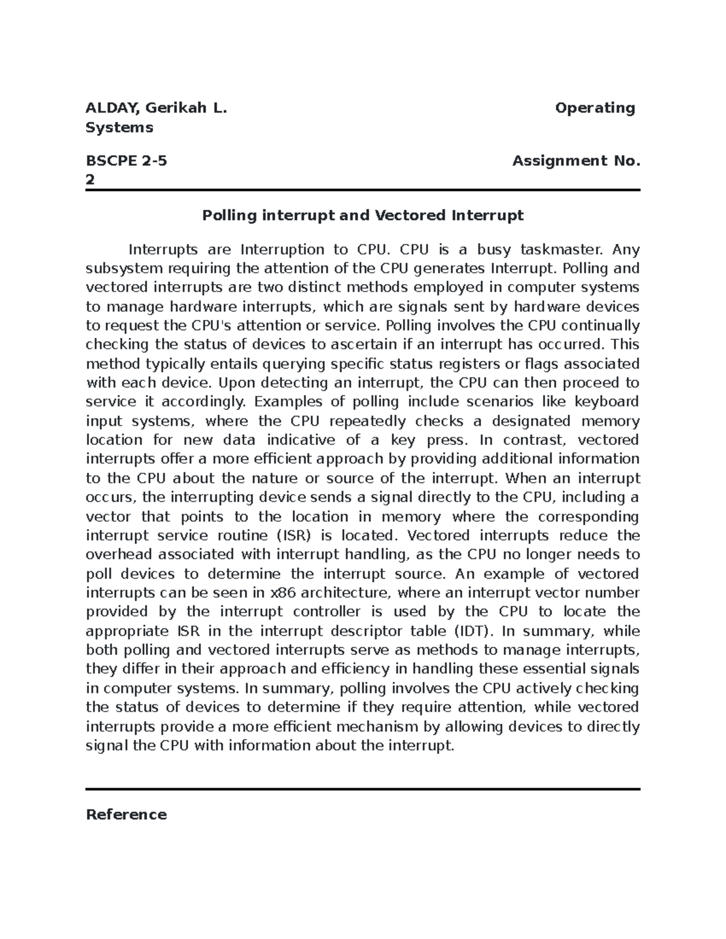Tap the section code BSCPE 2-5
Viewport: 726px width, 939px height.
click(x=126, y=161)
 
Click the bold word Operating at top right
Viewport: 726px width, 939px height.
click(x=595, y=109)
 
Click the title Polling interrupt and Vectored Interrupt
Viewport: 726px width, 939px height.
click(x=362, y=216)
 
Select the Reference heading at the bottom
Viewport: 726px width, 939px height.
click(x=126, y=814)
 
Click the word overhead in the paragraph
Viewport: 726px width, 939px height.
click(x=117, y=554)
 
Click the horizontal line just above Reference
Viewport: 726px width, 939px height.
click(x=362, y=789)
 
